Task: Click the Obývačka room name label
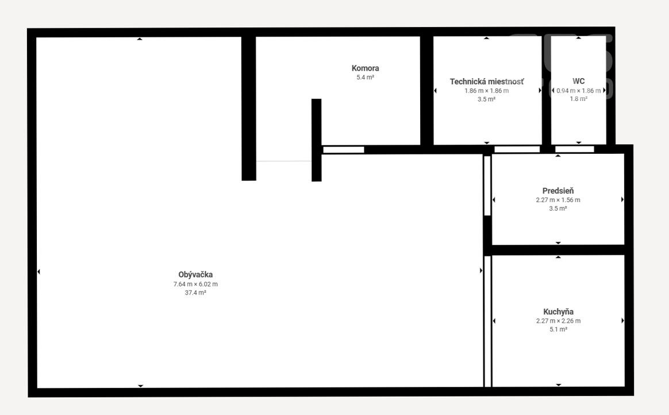click(x=195, y=275)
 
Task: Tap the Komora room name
click(x=365, y=68)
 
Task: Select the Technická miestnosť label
click(x=486, y=82)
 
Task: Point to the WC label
click(x=579, y=81)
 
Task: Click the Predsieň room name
click(x=558, y=191)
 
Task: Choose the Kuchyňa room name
click(x=558, y=312)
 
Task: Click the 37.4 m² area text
click(x=195, y=293)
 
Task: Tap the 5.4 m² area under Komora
click(x=365, y=77)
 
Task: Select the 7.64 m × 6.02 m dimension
click(x=195, y=284)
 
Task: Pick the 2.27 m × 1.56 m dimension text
click(x=558, y=200)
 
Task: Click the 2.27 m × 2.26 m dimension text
click(x=558, y=321)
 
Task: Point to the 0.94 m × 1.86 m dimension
click(x=579, y=91)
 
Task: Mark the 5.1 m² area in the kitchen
click(x=558, y=329)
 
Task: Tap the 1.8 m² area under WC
click(x=579, y=99)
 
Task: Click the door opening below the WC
click(x=574, y=149)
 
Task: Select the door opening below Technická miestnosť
click(x=517, y=149)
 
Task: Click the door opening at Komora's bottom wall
click(x=344, y=150)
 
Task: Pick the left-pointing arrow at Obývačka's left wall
click(x=39, y=272)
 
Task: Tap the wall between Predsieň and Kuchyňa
click(x=558, y=250)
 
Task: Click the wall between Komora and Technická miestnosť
click(x=426, y=90)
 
